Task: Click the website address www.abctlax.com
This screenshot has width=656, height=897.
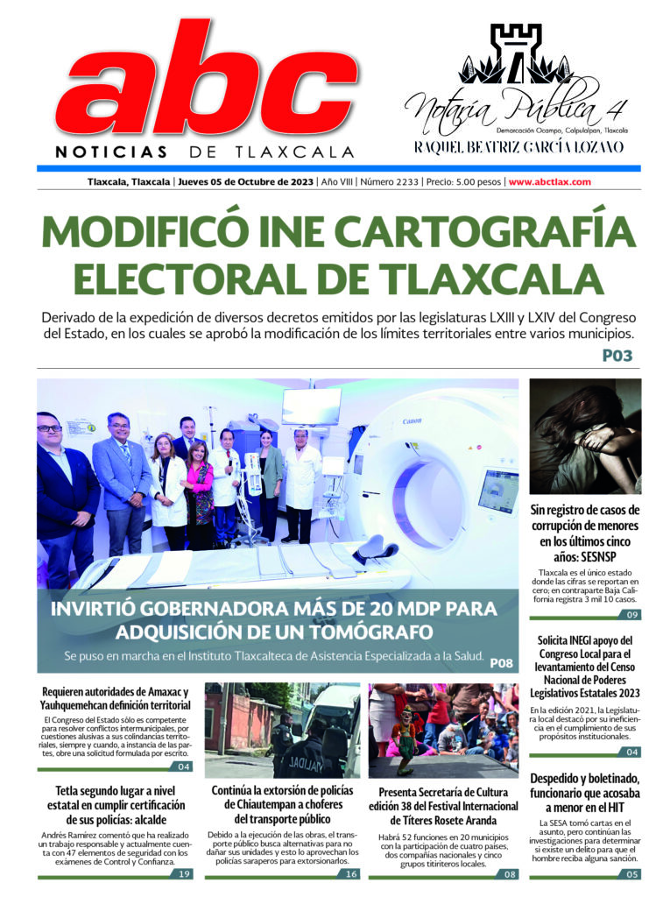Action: pos(549,182)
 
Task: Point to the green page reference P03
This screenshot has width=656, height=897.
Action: pos(617,357)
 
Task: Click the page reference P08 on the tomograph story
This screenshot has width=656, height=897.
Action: pos(501,662)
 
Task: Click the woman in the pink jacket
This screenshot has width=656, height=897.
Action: pos(199,491)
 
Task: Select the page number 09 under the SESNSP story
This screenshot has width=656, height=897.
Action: pos(631,614)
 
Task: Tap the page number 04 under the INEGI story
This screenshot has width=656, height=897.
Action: pos(631,752)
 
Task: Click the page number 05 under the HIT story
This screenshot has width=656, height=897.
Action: pos(631,873)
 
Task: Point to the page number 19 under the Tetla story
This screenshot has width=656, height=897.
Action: pos(183,873)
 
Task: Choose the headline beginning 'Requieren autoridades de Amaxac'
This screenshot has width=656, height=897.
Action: pos(116,698)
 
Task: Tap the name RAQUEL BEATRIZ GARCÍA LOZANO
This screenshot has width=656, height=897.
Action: pos(519,146)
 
